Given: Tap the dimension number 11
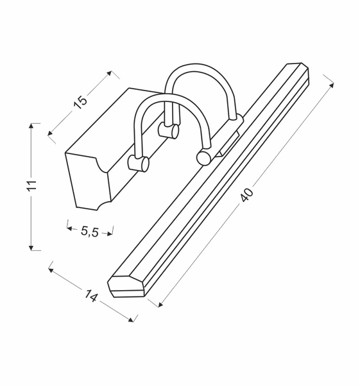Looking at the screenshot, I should click(x=33, y=186).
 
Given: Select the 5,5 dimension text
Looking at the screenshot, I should click(x=90, y=232).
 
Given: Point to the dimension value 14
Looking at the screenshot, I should click(x=90, y=297).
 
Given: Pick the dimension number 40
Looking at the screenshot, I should click(x=248, y=194).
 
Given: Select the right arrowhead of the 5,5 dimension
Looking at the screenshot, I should click(x=111, y=229).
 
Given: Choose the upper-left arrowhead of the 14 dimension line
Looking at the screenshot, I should click(x=50, y=269).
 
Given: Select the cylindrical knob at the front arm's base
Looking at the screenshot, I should click(x=137, y=164).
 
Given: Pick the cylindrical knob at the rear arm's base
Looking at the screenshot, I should click(x=170, y=131).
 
